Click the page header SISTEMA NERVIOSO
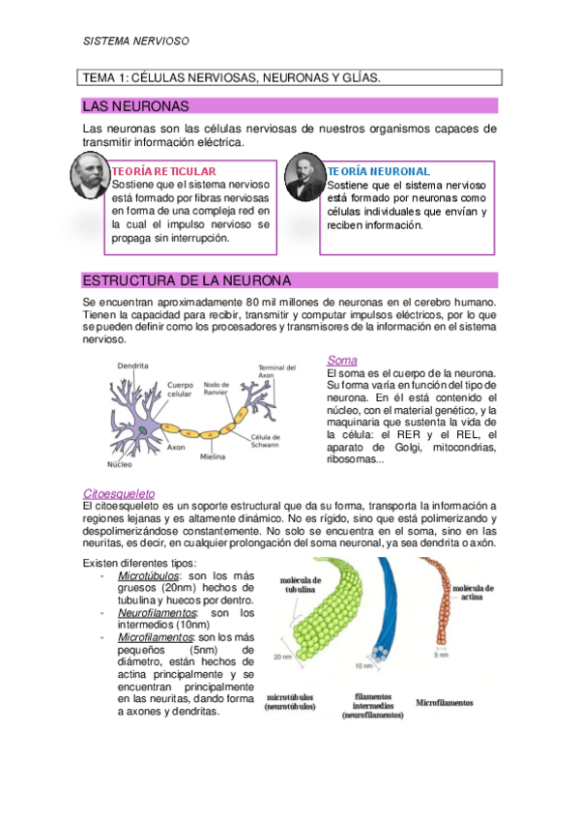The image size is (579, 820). pos(135,42)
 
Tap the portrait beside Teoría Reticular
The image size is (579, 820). pos(91,177)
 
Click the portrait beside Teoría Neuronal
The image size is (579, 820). pos(305,177)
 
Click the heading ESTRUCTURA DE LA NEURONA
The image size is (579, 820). pos(187,280)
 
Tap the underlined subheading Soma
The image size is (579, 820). pos(342,361)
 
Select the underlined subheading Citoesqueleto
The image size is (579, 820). pos(120,492)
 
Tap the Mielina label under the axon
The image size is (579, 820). pos(213,455)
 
